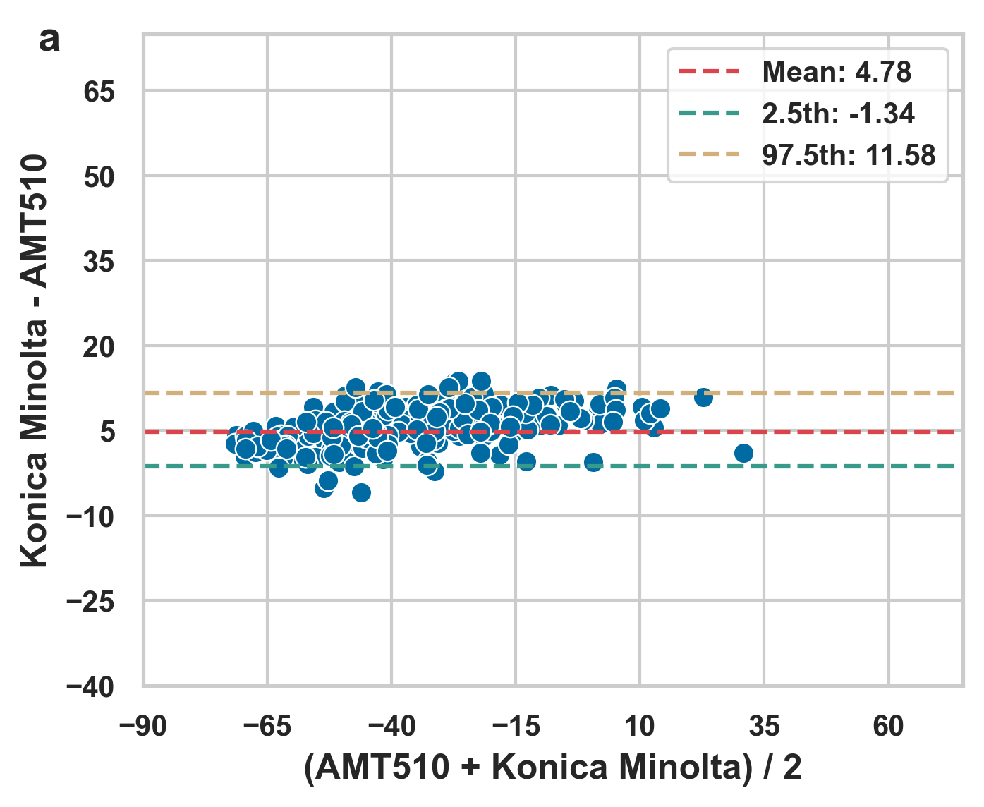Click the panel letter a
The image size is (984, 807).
pyautogui.click(x=49, y=41)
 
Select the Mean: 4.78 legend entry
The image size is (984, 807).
pyautogui.click(x=837, y=72)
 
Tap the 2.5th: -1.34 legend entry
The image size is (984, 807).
pyautogui.click(x=838, y=114)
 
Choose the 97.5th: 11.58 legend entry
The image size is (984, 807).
pyautogui.click(x=849, y=155)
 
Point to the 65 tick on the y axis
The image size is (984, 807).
pyautogui.click(x=99, y=92)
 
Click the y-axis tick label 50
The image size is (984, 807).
pyautogui.click(x=99, y=177)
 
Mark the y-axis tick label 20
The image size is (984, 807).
pyautogui.click(x=99, y=347)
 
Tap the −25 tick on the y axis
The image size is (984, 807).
pyautogui.click(x=90, y=602)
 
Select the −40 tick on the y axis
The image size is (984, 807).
pyautogui.click(x=90, y=687)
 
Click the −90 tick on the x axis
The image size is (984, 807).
pyautogui.click(x=143, y=726)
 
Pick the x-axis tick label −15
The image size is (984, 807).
pyautogui.click(x=516, y=726)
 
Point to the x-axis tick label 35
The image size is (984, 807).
pyautogui.click(x=764, y=726)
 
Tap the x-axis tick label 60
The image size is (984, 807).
pyautogui.click(x=888, y=726)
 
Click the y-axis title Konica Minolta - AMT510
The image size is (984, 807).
pyautogui.click(x=34, y=360)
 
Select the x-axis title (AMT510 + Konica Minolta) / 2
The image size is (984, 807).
pyautogui.click(x=553, y=767)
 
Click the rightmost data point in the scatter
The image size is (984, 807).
pyautogui.click(x=743, y=453)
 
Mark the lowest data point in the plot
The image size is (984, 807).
pyautogui.click(x=361, y=492)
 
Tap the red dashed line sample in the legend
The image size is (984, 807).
pyautogui.click(x=710, y=72)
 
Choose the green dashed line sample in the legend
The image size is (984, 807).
pyautogui.click(x=710, y=114)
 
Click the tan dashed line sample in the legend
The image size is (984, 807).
pyautogui.click(x=710, y=155)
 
